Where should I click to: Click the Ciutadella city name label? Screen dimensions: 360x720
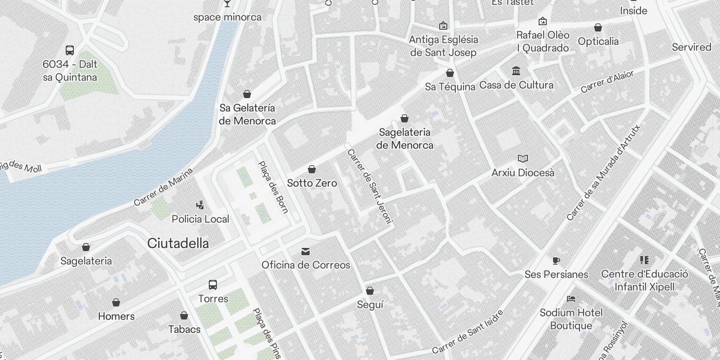coord(178,243)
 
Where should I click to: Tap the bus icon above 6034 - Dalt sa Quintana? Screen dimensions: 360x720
coord(70,50)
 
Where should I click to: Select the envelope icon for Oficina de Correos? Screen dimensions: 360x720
coord(306,251)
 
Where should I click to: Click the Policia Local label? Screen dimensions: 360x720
coord(200,219)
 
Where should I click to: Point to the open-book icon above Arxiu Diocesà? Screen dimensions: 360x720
coord(522,159)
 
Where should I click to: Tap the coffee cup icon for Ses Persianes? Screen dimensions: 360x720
coord(556,261)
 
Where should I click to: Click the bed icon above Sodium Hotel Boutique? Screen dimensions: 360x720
coord(571,299)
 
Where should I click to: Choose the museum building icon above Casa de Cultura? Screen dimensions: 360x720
coord(516,71)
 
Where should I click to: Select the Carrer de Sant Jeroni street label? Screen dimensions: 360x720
coord(370,186)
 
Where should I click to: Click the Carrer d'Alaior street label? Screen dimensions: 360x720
coord(607,81)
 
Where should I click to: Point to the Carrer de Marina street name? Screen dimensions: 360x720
coord(163,187)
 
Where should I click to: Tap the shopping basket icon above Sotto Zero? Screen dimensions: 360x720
coord(312,170)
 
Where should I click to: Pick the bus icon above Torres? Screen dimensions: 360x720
coord(213,285)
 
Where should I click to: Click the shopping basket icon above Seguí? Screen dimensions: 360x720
coord(370,291)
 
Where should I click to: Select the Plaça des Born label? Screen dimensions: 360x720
coord(273,187)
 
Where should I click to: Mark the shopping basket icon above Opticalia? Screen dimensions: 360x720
coord(598,28)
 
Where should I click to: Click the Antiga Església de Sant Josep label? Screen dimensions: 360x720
coord(443,46)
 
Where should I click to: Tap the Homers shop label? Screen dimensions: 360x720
coord(116,316)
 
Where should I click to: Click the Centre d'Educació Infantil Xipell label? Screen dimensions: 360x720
coord(644,280)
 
